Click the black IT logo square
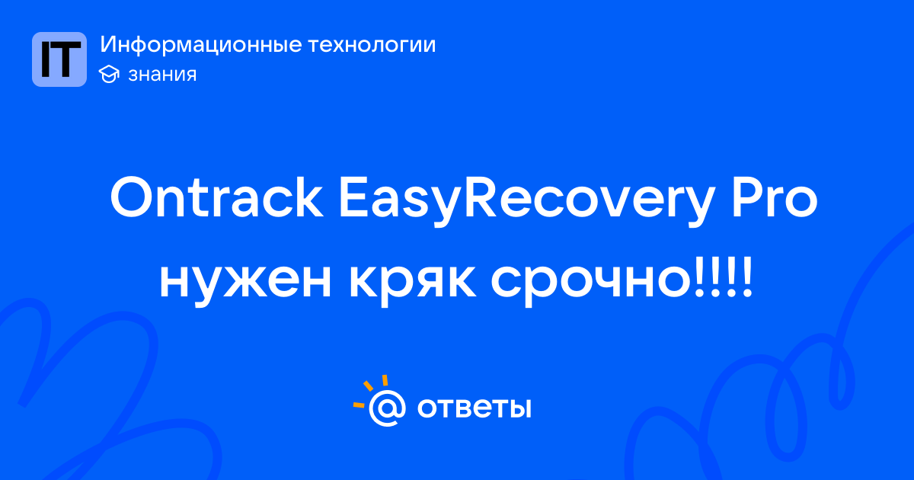59,59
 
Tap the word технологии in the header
372,45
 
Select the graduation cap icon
109,74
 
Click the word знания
162,75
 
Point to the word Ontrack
217,198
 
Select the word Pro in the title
775,198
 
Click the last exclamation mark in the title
746,277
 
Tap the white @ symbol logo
387,408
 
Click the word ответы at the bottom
474,408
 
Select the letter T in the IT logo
66,59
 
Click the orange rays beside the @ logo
370,390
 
